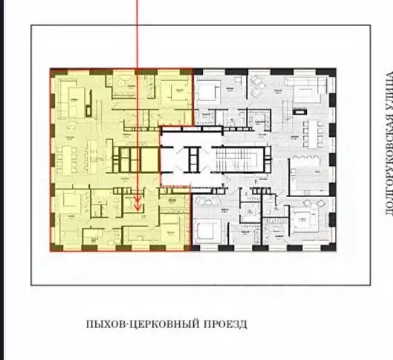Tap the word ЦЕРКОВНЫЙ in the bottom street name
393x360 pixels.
pos(162,324)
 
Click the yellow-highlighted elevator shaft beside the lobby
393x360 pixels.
pos(170,160)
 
